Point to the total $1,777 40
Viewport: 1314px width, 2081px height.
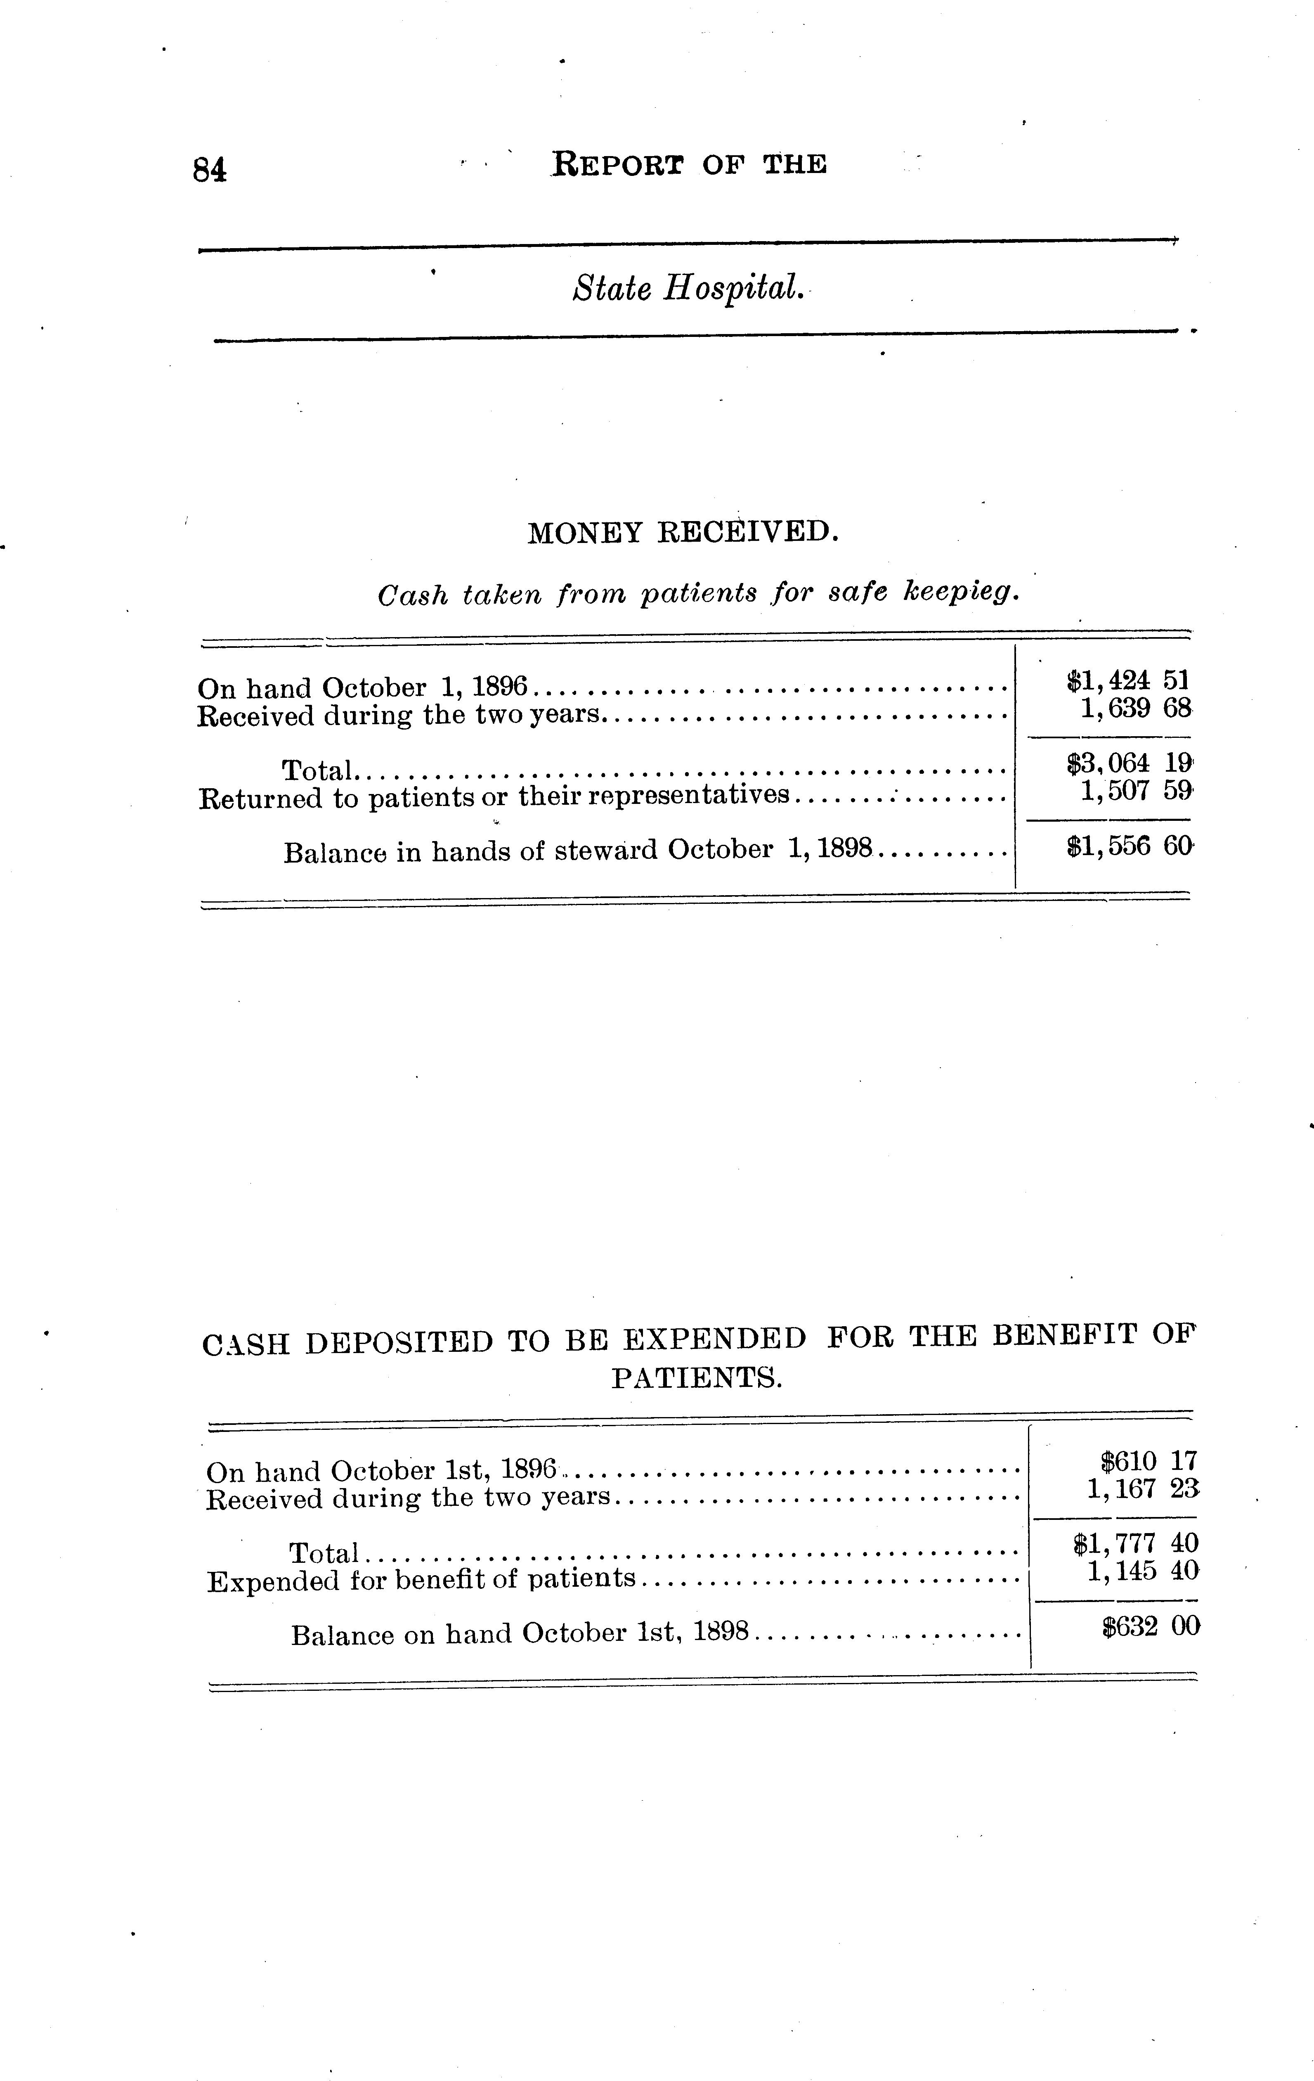1135,1543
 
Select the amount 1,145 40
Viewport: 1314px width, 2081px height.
1142,1570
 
